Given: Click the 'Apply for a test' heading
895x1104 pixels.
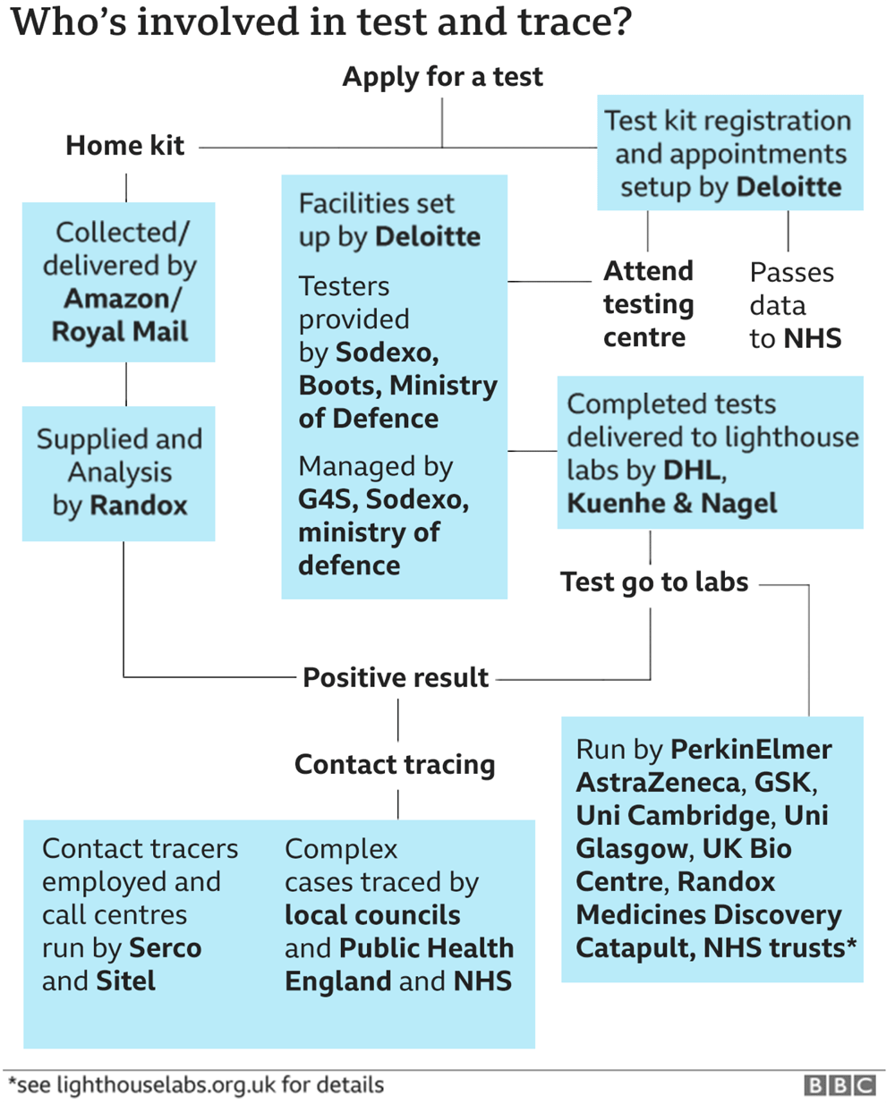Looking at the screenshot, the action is [442, 77].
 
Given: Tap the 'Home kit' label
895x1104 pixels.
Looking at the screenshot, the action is [125, 145].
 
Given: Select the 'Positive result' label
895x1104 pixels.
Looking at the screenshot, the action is [396, 677].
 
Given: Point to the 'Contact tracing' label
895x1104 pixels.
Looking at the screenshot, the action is [395, 765].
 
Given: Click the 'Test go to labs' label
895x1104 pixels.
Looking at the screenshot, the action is [654, 582].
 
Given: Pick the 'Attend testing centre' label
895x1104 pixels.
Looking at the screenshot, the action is [648, 304].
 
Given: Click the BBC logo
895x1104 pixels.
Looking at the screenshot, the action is [840, 1085].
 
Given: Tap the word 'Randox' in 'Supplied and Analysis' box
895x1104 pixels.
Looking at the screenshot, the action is [139, 505].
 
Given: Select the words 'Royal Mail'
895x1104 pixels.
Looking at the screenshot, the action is [120, 332].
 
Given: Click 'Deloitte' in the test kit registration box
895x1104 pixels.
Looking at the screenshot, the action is [788, 187].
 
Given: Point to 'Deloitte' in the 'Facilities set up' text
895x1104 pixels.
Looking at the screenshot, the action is [428, 237].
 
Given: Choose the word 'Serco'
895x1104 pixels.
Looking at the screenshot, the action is [166, 948].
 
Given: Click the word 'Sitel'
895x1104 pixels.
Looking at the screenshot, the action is [126, 981].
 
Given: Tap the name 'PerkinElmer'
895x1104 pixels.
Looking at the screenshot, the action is [752, 750].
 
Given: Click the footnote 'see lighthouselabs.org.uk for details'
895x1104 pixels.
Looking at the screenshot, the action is [196, 1085].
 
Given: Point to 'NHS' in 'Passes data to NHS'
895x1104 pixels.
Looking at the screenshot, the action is [813, 338].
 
